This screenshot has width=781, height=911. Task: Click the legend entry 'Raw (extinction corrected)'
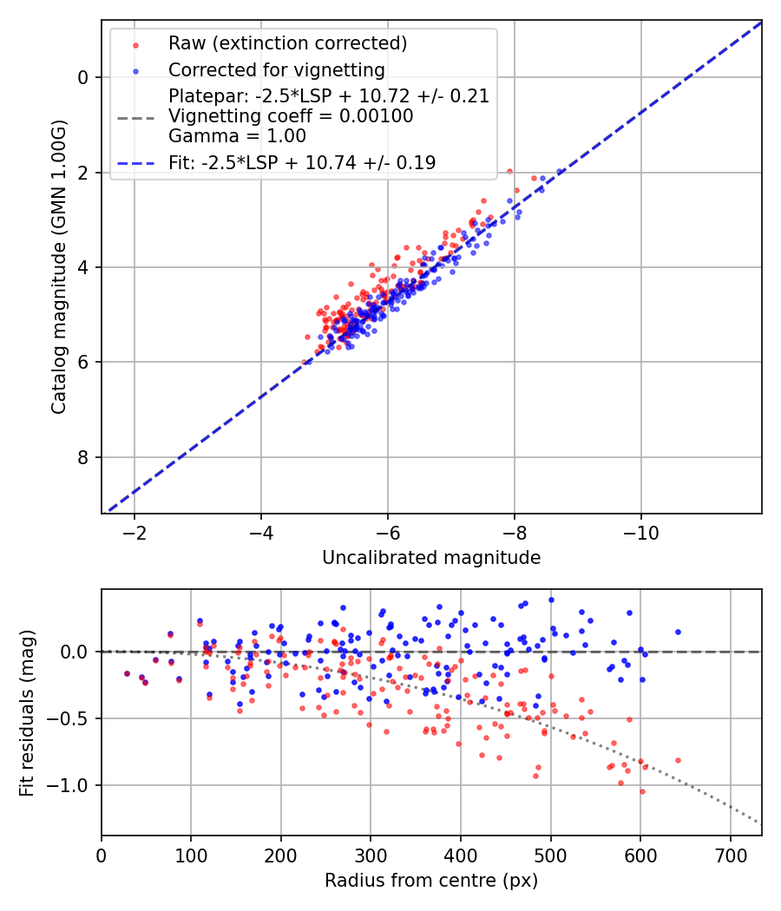click(287, 43)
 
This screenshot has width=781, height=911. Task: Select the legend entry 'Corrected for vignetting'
click(277, 69)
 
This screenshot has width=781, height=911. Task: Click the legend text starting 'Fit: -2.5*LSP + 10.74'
click(302, 162)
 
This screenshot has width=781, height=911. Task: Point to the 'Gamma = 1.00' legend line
click(237, 135)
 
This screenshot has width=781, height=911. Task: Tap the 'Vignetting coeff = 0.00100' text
click(291, 115)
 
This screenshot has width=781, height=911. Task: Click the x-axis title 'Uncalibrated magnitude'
click(431, 558)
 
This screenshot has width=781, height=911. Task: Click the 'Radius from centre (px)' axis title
click(431, 881)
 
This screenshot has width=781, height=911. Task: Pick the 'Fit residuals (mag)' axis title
click(27, 712)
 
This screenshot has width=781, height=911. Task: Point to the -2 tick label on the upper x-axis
click(135, 531)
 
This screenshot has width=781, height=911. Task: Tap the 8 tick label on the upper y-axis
click(83, 457)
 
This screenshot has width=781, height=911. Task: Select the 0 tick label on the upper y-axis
click(83, 77)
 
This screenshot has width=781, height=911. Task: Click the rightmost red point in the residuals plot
click(678, 760)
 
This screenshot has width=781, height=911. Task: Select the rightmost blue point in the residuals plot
click(678, 632)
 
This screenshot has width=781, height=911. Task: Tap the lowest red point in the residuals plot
click(642, 791)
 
